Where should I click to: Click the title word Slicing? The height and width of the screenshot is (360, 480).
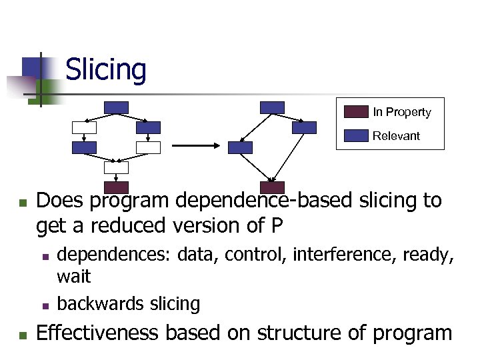click(106, 69)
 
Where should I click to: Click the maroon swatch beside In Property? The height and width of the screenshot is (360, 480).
click(356, 111)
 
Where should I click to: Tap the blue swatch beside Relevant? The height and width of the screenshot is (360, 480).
click(356, 135)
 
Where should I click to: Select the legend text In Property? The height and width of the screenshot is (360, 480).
click(401, 112)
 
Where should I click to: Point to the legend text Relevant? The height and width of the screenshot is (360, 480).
click(396, 136)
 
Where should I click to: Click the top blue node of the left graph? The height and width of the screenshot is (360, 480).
click(117, 107)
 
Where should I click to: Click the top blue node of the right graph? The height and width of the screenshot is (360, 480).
click(272, 107)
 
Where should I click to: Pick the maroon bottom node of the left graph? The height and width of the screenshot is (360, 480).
click(117, 187)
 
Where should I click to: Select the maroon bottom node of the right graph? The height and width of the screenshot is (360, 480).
click(272, 187)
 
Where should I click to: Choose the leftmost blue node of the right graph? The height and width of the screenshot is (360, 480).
click(240, 147)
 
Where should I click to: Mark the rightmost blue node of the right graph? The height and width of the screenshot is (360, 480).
click(305, 127)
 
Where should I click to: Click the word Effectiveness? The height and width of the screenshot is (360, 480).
click(98, 332)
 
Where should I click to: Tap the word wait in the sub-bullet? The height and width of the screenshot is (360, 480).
click(73, 276)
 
